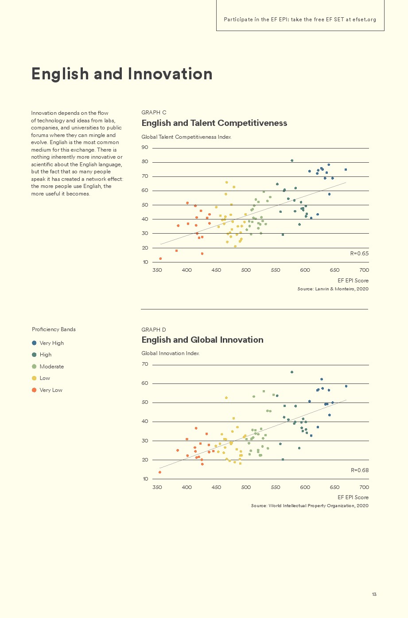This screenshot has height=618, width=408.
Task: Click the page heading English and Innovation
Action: click(122, 74)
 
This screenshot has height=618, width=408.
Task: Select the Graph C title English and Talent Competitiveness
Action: click(214, 123)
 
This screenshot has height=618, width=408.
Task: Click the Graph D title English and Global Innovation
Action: click(202, 340)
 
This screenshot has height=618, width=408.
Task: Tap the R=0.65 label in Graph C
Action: click(359, 254)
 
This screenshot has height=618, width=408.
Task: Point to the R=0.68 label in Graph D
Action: click(360, 470)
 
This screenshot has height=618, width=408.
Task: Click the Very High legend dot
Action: click(34, 343)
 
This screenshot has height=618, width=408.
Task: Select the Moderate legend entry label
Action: click(52, 367)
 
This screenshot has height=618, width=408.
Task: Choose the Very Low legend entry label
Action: click(51, 390)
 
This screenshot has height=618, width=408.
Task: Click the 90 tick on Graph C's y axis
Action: click(145, 148)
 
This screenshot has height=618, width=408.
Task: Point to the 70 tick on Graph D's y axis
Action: click(145, 364)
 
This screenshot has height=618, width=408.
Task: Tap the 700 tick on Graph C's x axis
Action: click(364, 270)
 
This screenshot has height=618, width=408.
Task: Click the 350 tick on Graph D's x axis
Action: click(157, 487)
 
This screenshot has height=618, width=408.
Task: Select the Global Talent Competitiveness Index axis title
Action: click(186, 137)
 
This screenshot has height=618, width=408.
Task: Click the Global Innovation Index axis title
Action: click(170, 353)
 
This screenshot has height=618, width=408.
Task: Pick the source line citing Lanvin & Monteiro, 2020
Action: click(333, 289)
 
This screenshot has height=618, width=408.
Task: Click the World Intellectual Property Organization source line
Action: click(310, 506)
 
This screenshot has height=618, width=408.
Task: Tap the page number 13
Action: click(374, 594)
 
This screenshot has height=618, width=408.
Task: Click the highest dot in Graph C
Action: click(292, 160)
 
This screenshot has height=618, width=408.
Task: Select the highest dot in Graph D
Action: click(292, 372)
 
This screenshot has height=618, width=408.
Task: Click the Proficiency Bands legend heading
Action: click(54, 329)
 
